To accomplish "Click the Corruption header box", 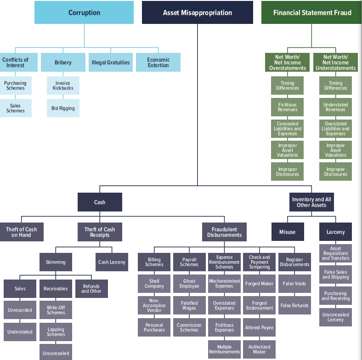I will [84, 12].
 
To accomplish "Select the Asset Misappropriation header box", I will [197, 12].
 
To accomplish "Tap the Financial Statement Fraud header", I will [312, 12].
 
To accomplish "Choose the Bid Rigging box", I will [63, 108].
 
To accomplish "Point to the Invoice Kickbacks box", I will [63, 86].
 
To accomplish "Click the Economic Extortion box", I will [158, 63].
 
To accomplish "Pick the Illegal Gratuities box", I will [111, 63].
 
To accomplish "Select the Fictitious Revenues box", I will [288, 107].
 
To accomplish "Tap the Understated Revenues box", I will [335, 107].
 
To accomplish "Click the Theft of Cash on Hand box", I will [22, 232].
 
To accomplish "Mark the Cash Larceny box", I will [112, 262].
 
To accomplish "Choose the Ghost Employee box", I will [189, 284].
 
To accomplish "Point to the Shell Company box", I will [154, 284].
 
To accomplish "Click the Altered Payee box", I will [259, 328].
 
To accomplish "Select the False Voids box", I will [294, 284].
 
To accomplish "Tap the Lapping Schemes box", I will [56, 332].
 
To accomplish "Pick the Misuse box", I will [288, 232].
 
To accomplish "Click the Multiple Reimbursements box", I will [224, 349].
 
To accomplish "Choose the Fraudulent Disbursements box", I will [224, 232].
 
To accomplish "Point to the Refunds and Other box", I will [91, 289].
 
